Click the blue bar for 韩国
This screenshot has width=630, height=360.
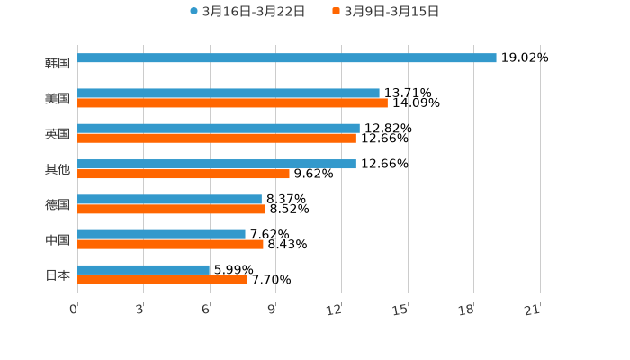pos(286,58)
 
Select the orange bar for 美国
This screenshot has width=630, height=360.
pos(232,103)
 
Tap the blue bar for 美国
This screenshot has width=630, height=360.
pos(228,93)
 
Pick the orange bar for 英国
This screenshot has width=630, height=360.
pos(216,139)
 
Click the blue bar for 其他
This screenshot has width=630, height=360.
pos(216,164)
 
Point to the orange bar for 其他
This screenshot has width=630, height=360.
pos(183,174)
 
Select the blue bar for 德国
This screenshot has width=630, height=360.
pos(169,199)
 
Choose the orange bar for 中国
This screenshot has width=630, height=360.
pos(170,244)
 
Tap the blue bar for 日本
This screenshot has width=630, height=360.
pos(143,270)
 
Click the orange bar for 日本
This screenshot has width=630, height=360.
pos(162,280)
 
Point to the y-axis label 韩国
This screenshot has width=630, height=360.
pos(58,64)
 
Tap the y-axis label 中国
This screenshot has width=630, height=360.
pos(58,240)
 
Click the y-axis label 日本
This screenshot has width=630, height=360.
pos(58,275)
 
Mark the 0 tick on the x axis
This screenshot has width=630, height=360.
pos(74,310)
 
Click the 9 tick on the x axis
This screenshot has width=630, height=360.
pos(271,310)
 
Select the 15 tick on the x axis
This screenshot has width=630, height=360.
pos(400,310)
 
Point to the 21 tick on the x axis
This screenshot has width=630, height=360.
pos(532,310)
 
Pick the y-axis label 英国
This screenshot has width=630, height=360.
pos(58,134)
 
